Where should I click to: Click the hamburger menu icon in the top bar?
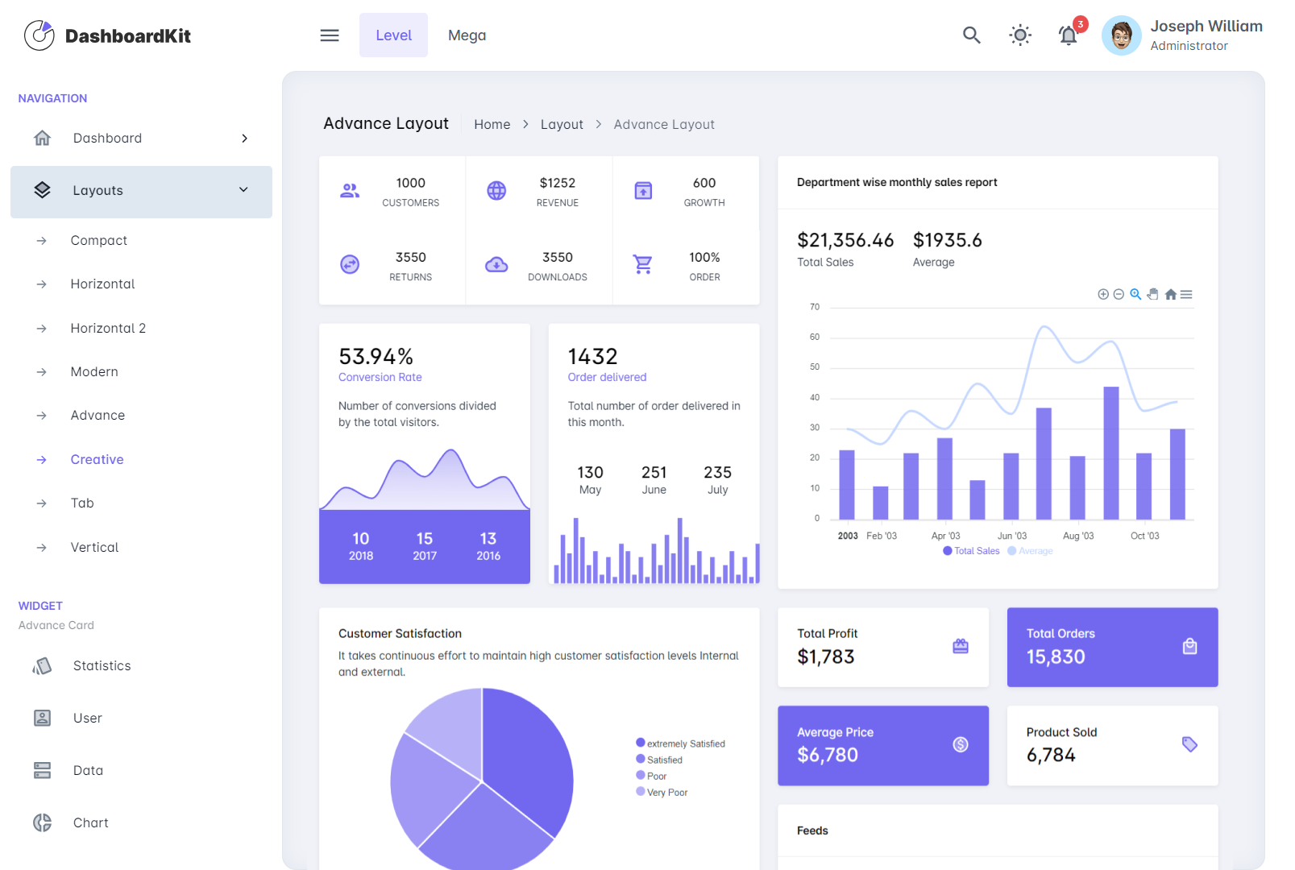tap(330, 35)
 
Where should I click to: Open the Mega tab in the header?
tap(467, 35)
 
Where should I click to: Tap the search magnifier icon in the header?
tap(971, 35)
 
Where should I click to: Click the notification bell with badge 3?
tap(1069, 35)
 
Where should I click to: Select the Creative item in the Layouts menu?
tap(97, 459)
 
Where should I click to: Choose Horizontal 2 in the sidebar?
tap(108, 328)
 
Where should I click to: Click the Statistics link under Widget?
tap(102, 665)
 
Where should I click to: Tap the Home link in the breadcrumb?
tap(492, 124)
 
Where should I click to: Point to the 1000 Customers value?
tap(410, 184)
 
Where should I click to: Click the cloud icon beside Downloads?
tap(496, 264)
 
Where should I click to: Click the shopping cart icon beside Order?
tap(643, 264)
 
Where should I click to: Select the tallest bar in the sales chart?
tap(1111, 453)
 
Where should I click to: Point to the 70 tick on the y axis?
tap(815, 307)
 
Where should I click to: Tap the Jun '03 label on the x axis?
tap(1012, 536)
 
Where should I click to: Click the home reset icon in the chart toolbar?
tap(1170, 295)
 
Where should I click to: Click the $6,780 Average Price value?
tap(828, 755)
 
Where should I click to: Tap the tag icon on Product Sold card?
tap(1189, 744)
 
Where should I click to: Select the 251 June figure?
tap(654, 473)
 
